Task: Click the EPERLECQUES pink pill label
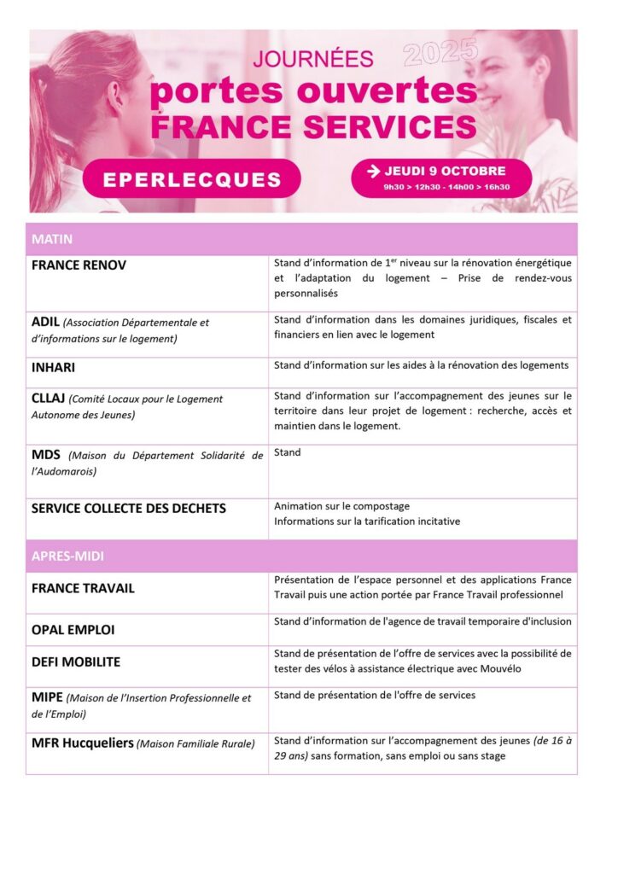coord(191,179)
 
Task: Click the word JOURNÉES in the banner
coord(313,59)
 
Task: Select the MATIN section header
coord(52,240)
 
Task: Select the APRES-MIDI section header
coord(68,556)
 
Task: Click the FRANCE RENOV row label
coord(79,265)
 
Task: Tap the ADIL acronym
coord(45,322)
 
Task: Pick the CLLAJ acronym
coord(48,399)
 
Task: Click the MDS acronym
coord(45,455)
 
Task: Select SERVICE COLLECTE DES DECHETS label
coord(129,509)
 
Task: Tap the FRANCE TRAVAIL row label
coord(83,588)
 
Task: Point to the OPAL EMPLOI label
coord(73,630)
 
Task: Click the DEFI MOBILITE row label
coord(76,661)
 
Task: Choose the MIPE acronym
coord(47,697)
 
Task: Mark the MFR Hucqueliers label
coord(83,743)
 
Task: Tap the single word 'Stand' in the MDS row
coord(288,452)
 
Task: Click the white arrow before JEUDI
coord(373,171)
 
